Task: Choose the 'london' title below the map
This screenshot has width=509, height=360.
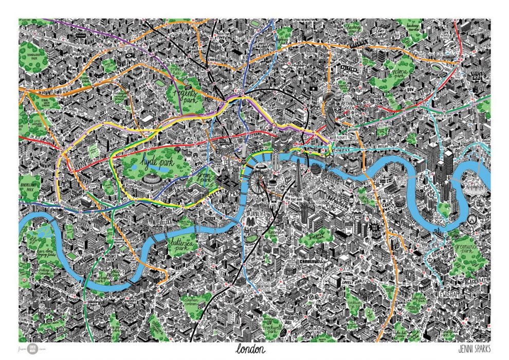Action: click(x=251, y=349)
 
